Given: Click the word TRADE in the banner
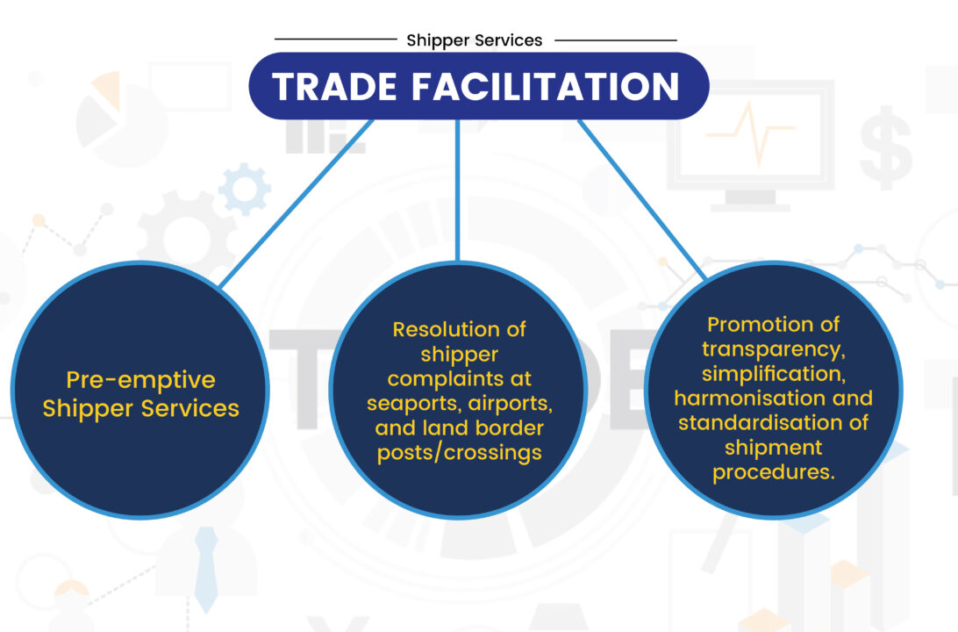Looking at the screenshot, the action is click(335, 86).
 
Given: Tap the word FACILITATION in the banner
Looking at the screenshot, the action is click(546, 86).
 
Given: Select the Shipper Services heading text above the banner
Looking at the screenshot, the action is click(474, 40).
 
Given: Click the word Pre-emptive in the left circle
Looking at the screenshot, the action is click(140, 380).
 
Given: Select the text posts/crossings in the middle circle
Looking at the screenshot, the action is click(460, 453).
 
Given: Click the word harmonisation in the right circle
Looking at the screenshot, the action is click(741, 399).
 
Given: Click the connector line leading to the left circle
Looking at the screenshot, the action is click(297, 203).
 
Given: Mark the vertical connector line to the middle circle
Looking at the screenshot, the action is click(458, 190).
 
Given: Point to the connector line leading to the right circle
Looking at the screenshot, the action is click(641, 199).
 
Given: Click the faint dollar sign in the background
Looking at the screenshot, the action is click(886, 147).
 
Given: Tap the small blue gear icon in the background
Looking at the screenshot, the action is click(245, 189).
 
